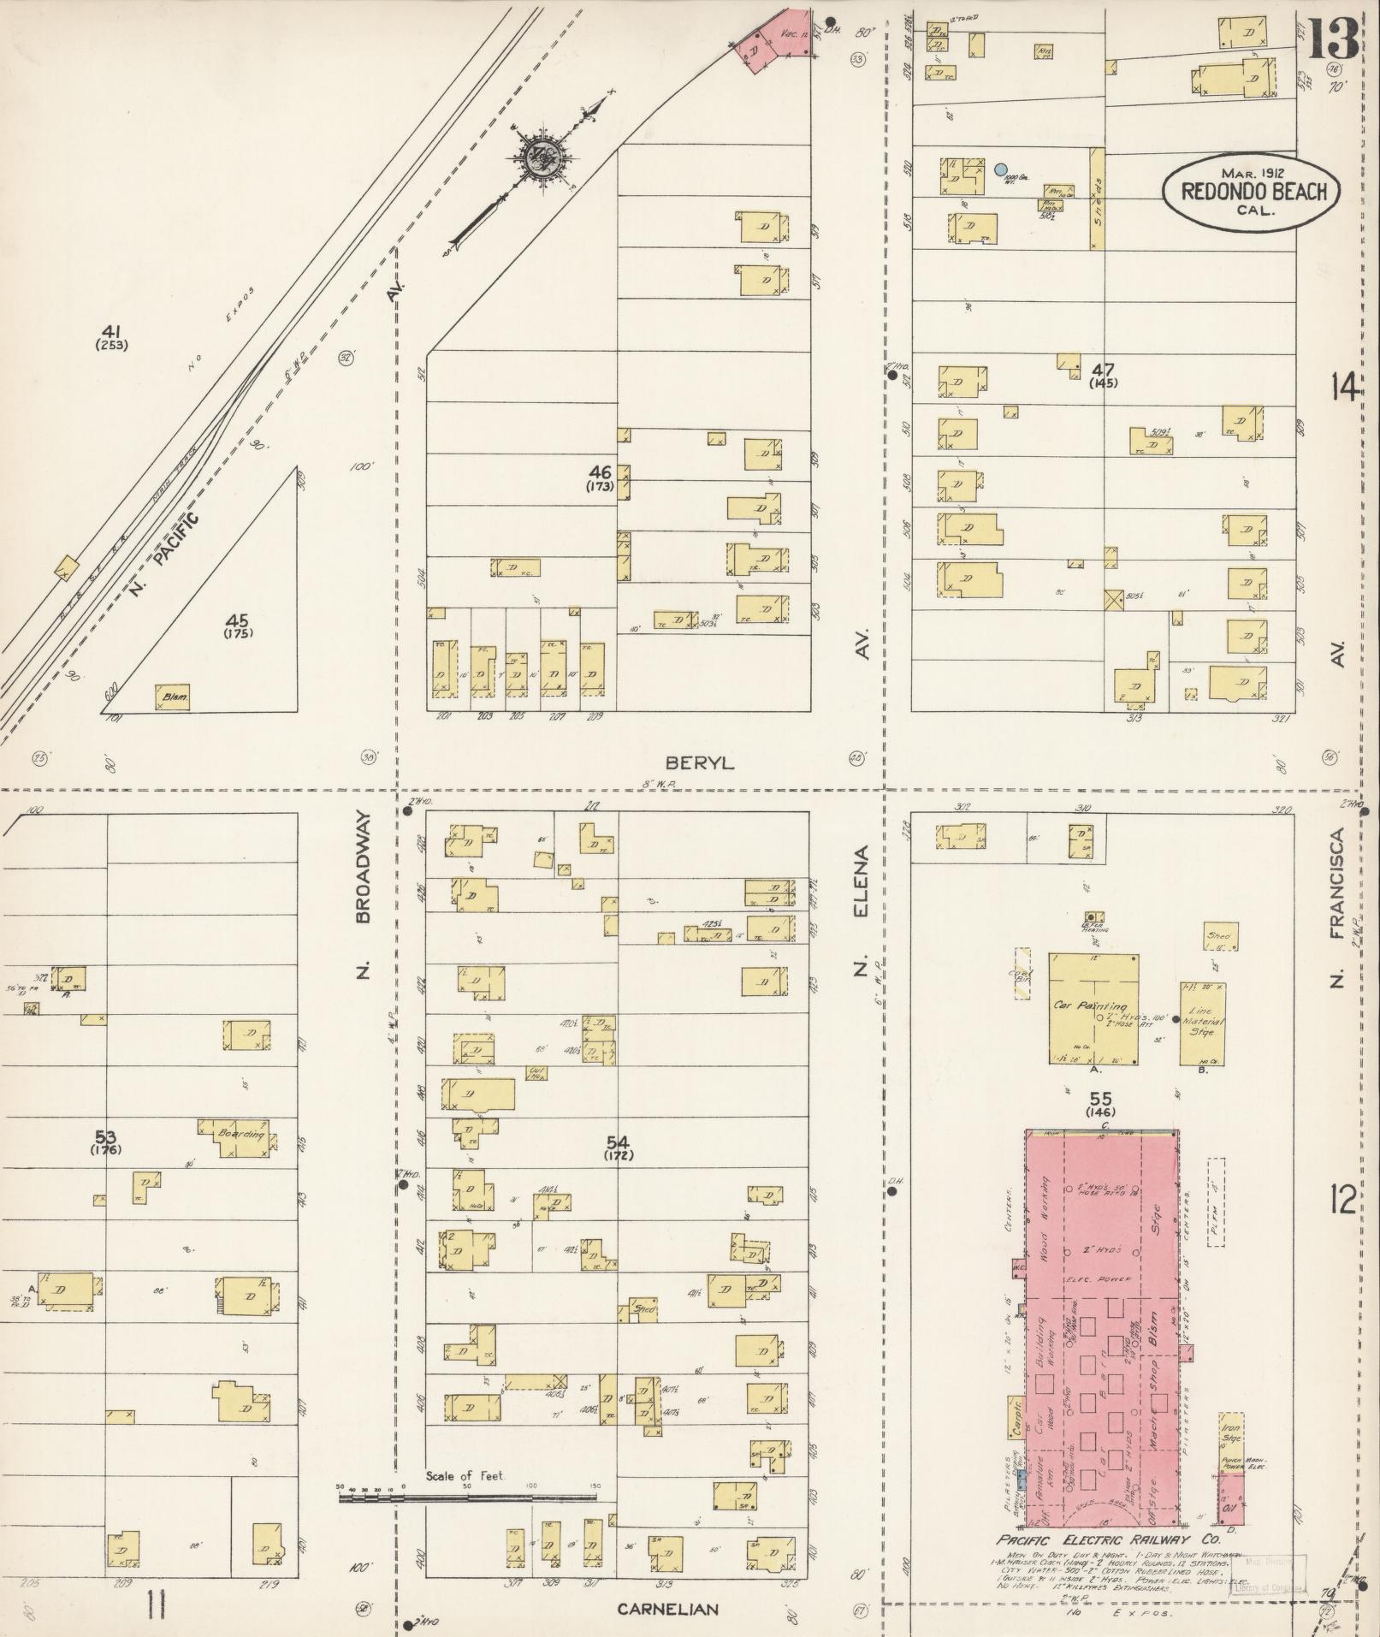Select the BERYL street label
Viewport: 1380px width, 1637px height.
(700, 762)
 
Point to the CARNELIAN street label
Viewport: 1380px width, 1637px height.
(668, 1610)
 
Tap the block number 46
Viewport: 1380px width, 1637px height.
(601, 472)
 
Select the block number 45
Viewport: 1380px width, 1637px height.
(237, 621)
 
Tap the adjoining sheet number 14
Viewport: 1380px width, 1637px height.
(1344, 389)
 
